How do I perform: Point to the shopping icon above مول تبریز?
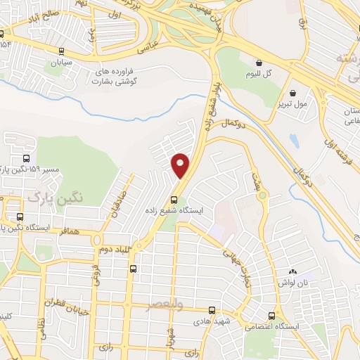click(x=292, y=92)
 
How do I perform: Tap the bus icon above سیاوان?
click(x=62, y=51)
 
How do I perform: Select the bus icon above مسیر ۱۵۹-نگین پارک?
click(x=26, y=158)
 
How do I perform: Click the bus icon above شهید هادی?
click(x=212, y=310)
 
